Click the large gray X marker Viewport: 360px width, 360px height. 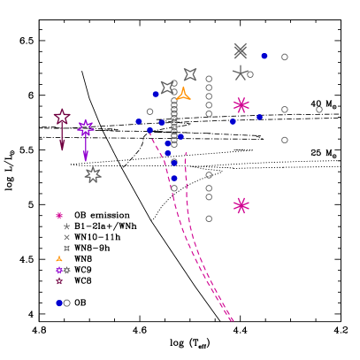coord(240,51)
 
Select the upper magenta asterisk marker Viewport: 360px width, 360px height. coord(241,105)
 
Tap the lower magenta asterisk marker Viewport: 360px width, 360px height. coord(241,205)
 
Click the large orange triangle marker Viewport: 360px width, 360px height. coord(183,94)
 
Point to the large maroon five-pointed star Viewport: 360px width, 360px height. coord(62,117)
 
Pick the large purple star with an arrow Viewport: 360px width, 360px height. coord(86,128)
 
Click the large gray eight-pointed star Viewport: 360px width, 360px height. coord(93,175)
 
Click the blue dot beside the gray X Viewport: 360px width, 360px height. coord(264,56)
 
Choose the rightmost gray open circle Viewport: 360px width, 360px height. coord(319,110)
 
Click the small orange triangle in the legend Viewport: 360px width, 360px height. coord(59,259)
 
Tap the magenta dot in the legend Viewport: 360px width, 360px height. coord(59,216)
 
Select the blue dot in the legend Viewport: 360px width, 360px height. coord(59,303)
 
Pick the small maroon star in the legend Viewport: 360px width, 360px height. coord(59,281)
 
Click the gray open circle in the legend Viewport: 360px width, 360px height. coord(67,303)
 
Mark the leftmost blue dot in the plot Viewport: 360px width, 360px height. coord(139,121)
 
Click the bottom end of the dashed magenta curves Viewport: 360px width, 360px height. coord(232,320)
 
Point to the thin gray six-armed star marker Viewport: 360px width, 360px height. coord(240,73)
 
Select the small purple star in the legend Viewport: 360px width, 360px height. coord(59,271)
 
